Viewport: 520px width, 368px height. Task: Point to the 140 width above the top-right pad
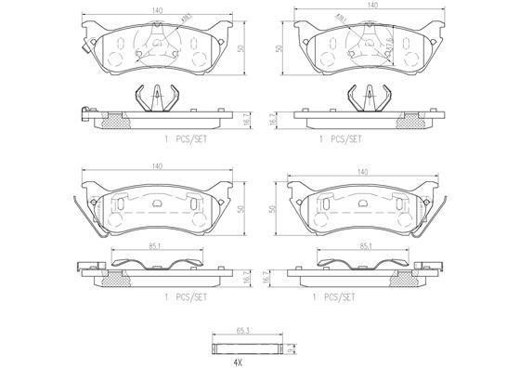click(x=371, y=6)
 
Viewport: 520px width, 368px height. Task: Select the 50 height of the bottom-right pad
click(x=271, y=210)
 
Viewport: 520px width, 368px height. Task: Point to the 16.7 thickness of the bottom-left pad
click(x=243, y=276)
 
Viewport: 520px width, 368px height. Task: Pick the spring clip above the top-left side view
click(x=157, y=98)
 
